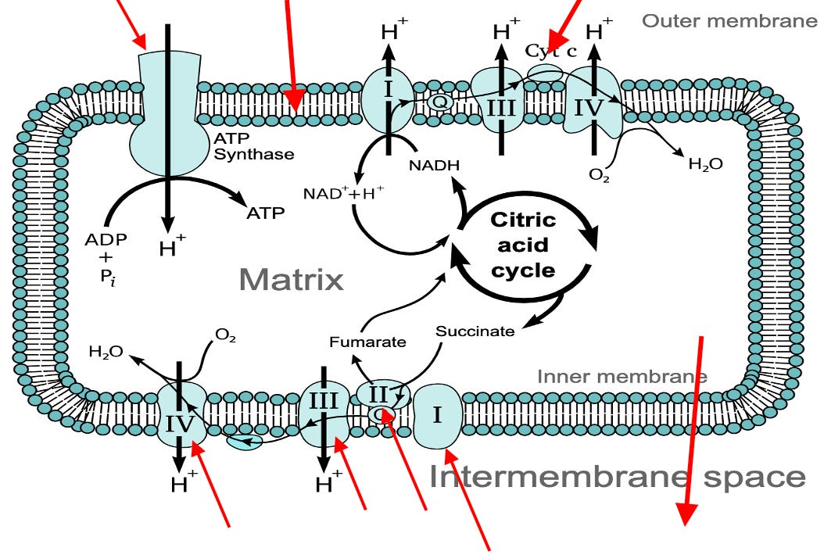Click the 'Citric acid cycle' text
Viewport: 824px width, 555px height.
click(x=523, y=245)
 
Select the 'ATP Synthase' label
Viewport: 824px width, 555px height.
click(x=253, y=146)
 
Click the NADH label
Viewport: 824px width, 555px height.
click(x=434, y=165)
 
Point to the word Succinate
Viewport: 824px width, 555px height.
click(x=475, y=331)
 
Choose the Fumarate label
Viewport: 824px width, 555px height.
click(x=367, y=342)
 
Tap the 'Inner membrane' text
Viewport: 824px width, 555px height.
click(x=622, y=377)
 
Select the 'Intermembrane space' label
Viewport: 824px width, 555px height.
click(x=618, y=476)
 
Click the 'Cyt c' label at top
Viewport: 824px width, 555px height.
click(x=550, y=52)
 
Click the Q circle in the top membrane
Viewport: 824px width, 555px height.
click(x=438, y=100)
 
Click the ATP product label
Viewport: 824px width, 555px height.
click(x=265, y=213)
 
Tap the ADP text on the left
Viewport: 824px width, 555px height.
click(x=105, y=238)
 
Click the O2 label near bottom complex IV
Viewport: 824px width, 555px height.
click(x=225, y=337)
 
